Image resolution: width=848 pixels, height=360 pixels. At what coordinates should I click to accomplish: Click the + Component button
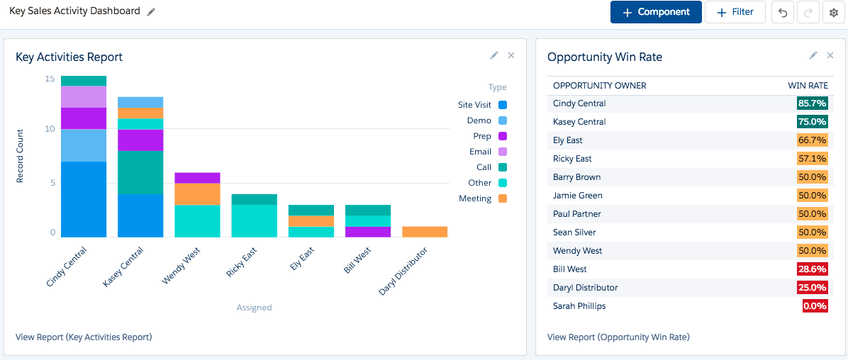[x=656, y=12]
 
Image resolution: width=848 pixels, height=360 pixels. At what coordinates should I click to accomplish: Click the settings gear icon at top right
[x=834, y=13]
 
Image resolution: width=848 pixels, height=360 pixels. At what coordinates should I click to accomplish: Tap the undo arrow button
[x=782, y=13]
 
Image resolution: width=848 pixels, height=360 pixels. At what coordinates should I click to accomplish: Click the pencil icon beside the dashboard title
[x=151, y=12]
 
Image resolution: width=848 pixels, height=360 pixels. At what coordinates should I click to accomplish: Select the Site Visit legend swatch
[x=503, y=105]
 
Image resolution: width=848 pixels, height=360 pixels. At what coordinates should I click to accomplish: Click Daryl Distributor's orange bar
[x=425, y=232]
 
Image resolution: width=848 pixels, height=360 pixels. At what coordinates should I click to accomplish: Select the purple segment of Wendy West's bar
[x=197, y=178]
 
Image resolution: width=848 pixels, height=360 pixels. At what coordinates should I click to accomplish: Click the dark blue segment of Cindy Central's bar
[x=84, y=199]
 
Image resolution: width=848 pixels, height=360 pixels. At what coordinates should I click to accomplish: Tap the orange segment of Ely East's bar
[x=311, y=221]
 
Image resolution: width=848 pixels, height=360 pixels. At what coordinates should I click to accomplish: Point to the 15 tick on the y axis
[x=50, y=79]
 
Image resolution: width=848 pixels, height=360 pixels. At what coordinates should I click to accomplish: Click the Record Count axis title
[x=21, y=156]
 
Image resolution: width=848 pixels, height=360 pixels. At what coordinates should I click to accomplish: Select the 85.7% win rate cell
[x=813, y=103]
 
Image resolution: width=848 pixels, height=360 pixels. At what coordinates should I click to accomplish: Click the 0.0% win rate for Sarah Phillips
[x=815, y=306]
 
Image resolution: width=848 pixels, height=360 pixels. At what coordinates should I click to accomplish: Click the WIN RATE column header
[x=808, y=86]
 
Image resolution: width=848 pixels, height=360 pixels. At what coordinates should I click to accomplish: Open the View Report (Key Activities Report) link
[x=84, y=337]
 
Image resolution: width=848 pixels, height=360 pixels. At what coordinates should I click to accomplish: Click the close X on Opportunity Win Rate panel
[x=830, y=55]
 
